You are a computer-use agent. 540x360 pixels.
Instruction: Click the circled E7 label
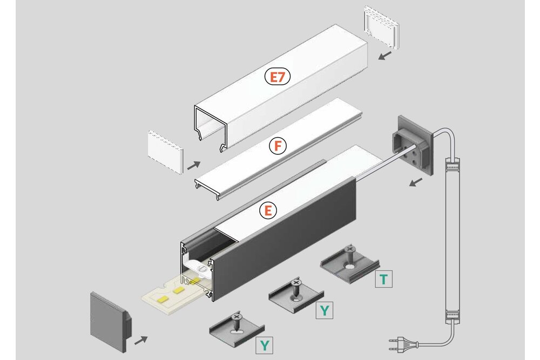coord(278,77)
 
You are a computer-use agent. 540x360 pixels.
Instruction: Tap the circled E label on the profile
coord(268,211)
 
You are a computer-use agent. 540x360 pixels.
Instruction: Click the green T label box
coord(383,279)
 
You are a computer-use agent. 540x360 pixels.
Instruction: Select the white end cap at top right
coord(382,25)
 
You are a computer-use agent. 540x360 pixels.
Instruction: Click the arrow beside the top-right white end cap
coord(385,56)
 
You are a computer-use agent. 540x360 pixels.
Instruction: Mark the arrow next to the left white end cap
coord(194,164)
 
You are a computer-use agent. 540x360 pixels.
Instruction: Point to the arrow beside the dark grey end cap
coord(140,340)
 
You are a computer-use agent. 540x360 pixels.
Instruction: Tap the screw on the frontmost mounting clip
coord(236,320)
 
